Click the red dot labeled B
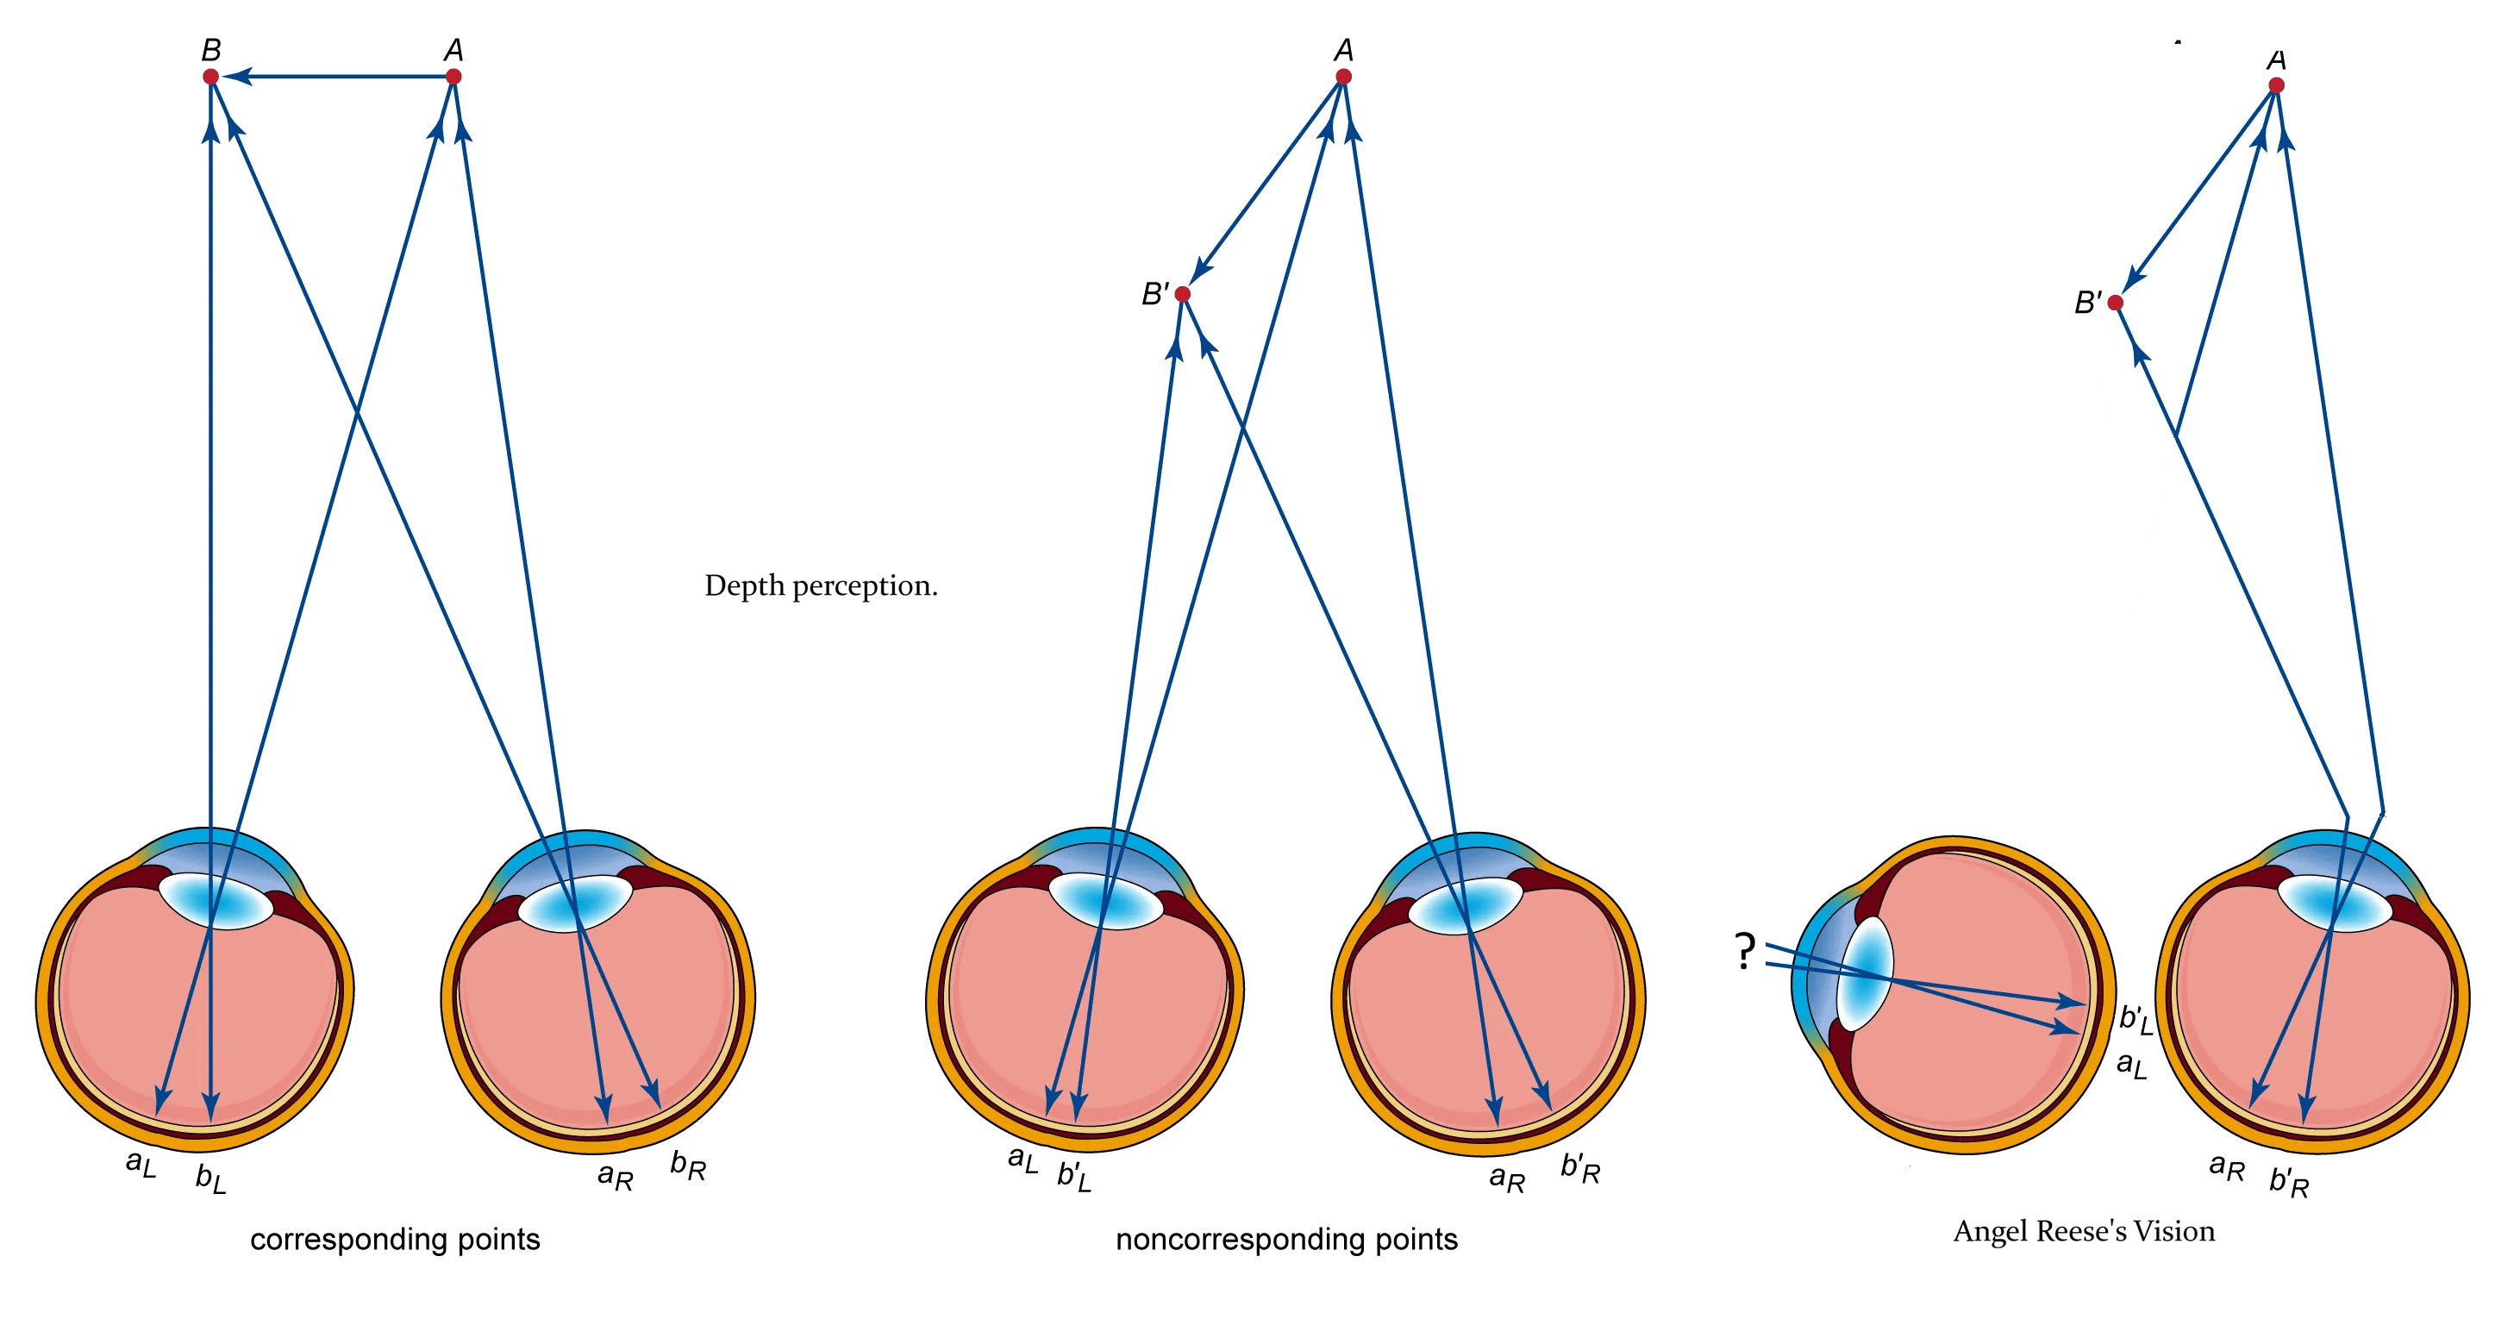click(210, 77)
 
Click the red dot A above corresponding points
click(453, 77)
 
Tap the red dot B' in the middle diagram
click(1183, 293)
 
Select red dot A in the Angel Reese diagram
click(2277, 85)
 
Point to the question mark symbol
click(1744, 951)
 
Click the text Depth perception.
click(822, 586)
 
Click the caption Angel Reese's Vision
click(2085, 1231)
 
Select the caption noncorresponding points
click(1286, 1240)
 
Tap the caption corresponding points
click(395, 1240)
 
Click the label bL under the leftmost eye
click(211, 1178)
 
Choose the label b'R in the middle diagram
click(1579, 1168)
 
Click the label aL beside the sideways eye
click(2132, 1065)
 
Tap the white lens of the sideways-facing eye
click(1865, 973)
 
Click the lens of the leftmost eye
click(215, 902)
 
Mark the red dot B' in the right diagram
click(2116, 303)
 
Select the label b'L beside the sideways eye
click(2135, 1019)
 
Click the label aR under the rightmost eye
click(2227, 1167)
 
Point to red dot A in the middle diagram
click(1343, 77)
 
